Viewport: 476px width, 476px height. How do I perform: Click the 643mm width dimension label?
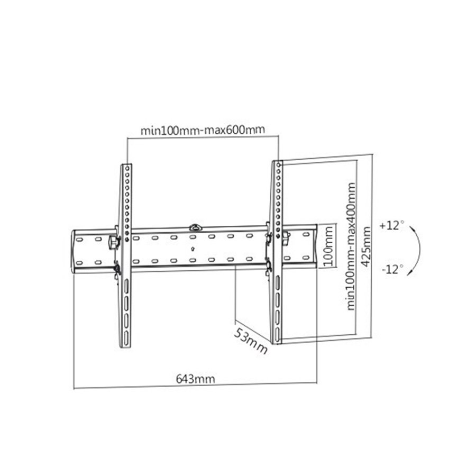pos(195,379)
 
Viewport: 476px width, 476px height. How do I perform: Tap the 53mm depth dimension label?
pos(251,341)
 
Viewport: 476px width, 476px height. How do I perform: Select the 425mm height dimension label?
pos(367,247)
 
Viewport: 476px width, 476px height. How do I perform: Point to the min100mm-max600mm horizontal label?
pos(203,130)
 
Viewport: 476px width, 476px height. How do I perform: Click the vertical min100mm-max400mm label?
pos(351,246)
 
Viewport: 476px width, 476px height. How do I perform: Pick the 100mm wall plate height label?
pos(328,246)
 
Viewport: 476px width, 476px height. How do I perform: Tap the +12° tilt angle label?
pos(392,225)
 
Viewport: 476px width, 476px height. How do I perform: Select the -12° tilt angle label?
pos(393,269)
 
